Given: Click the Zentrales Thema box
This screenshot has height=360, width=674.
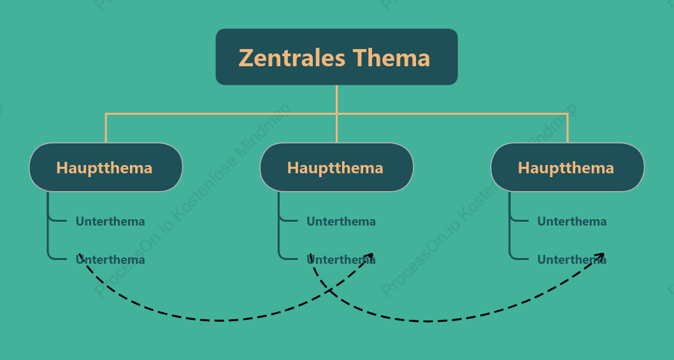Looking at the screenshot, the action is pos(336,57).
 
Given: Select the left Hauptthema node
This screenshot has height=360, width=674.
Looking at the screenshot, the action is pos(106,168).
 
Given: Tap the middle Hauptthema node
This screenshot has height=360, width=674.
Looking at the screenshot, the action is pos(336,168).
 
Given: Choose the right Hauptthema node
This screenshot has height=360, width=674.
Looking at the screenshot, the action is pos(568,168).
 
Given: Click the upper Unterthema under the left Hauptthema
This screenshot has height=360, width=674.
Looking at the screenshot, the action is pos(110,222).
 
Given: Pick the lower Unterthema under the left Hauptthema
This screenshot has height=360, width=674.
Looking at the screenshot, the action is pos(110,260).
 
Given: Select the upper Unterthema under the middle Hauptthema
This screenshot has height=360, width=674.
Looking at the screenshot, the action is pos(341,222).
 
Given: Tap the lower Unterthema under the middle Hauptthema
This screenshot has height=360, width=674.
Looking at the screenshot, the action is pos(341,260).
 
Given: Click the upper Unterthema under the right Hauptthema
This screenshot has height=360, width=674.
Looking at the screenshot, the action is pos(571,222).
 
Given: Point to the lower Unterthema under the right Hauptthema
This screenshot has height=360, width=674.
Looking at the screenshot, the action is pos(571,260).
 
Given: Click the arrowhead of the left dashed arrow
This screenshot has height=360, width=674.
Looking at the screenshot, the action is pos(369,256).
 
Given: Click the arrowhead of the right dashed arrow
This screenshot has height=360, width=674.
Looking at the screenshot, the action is pos(601,256).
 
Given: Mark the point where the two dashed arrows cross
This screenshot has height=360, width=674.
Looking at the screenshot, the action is pos(330,291).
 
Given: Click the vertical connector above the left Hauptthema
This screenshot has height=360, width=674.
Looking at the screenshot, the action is pos(106,127).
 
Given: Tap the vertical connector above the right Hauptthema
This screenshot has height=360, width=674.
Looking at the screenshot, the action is pos(568,127).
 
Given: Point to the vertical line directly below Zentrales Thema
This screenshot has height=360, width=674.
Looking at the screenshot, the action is pos(336,99).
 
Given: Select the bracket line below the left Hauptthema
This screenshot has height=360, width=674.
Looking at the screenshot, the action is pos(48,226).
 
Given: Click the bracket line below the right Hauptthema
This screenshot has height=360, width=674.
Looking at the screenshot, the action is pos(510,226).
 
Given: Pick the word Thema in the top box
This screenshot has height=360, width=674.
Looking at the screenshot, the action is pos(391,57).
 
